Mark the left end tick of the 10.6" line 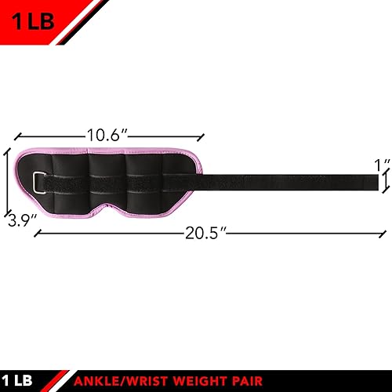click(16, 136)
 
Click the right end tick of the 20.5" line click(386, 233)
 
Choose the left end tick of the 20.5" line click(36, 233)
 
